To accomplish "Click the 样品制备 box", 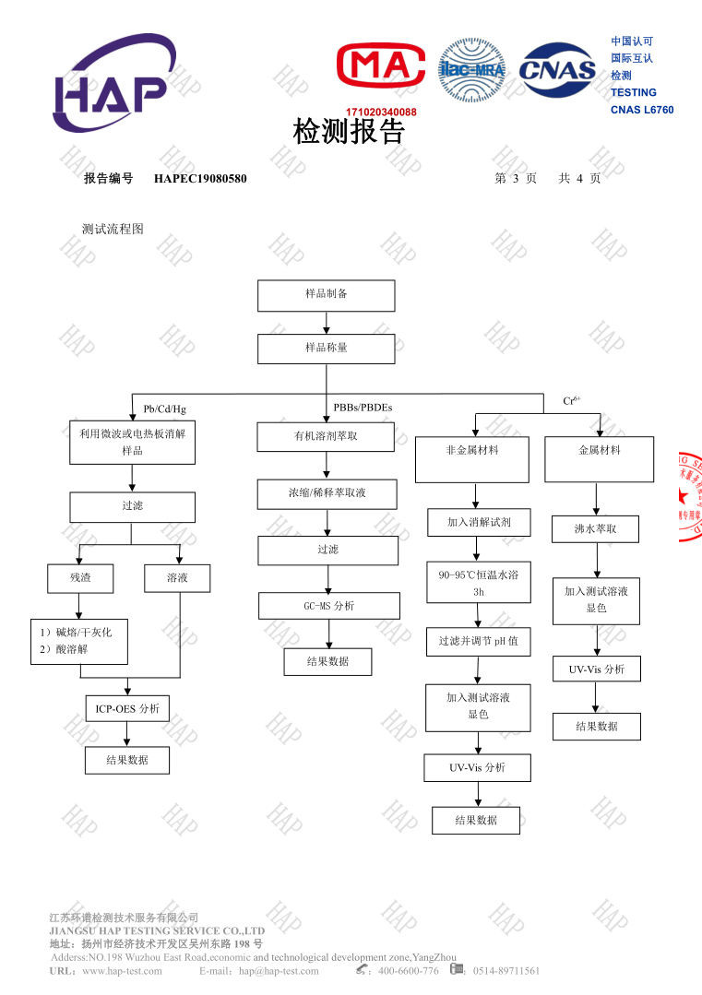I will pos(326,295).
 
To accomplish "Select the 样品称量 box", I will pos(326,349).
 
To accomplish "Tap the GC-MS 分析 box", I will pos(328,606).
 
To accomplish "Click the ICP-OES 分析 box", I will pos(127,708).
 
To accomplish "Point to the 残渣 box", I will pos(80,578).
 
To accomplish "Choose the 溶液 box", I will pos(177,578).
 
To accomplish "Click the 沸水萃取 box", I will pos(595,529).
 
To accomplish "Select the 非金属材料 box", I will pos(471,459).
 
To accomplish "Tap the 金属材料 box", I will pos(599,459).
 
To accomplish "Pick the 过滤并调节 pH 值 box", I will pos(478,642).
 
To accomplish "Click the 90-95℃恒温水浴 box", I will pos(478,582).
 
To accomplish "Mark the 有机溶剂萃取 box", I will pos(326,436).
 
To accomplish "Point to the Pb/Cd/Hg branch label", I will pos(164,409).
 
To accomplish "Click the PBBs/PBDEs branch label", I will pos(363,407).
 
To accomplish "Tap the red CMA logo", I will pos(380,67).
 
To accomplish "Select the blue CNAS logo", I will pos(557,70).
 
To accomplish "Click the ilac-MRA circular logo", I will pos(471,70).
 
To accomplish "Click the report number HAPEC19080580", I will pos(200,178).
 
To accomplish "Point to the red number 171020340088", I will pos(381,113).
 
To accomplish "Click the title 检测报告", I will pos(349,132).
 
